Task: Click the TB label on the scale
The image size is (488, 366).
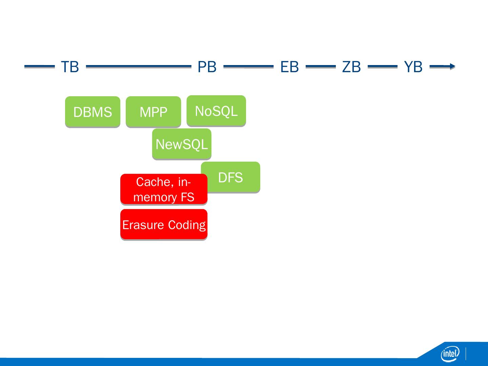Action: tap(70, 67)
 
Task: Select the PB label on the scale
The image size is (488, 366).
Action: tap(207, 67)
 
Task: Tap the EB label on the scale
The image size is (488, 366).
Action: tap(289, 67)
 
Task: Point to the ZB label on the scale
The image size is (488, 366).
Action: tap(351, 67)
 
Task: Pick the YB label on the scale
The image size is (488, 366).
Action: tap(413, 67)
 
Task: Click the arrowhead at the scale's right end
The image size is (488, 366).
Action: tap(452, 66)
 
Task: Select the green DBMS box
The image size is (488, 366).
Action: tap(93, 112)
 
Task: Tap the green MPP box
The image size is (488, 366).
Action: tap(153, 112)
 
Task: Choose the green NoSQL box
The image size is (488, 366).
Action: tap(216, 111)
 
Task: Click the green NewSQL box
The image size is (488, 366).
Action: tap(182, 144)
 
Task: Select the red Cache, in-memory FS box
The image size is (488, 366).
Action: tap(164, 189)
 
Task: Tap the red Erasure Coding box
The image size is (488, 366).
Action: tap(164, 224)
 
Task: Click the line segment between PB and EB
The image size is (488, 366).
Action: tap(248, 66)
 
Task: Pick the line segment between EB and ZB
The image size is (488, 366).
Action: tap(320, 66)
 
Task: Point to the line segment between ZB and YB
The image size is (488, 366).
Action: tap(382, 66)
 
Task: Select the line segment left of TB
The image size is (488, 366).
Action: tap(39, 66)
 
